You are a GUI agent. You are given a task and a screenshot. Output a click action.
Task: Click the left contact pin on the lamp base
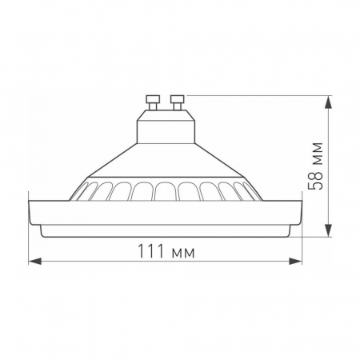pyautogui.click(x=150, y=102)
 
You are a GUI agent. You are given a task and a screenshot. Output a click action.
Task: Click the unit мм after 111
pyautogui.click(x=183, y=251)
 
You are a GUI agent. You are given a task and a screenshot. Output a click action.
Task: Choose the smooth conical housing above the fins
pyautogui.click(x=165, y=164)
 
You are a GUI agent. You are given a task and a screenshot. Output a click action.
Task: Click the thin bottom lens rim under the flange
pyautogui.click(x=165, y=231)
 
